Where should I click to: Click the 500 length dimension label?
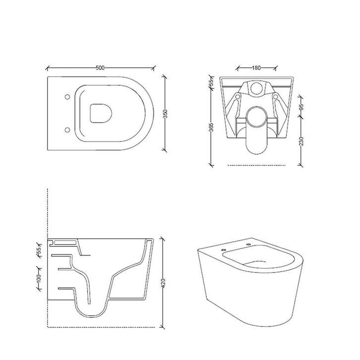pos(100,68)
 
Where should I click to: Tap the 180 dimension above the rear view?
pos(256,68)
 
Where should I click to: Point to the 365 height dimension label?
pos(211,127)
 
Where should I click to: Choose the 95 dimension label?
pos(301,107)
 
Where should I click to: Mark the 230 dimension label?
pos(301,141)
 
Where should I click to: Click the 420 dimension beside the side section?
pos(163,283)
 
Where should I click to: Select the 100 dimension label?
pos(39,278)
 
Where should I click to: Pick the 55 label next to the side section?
pos(39,249)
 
